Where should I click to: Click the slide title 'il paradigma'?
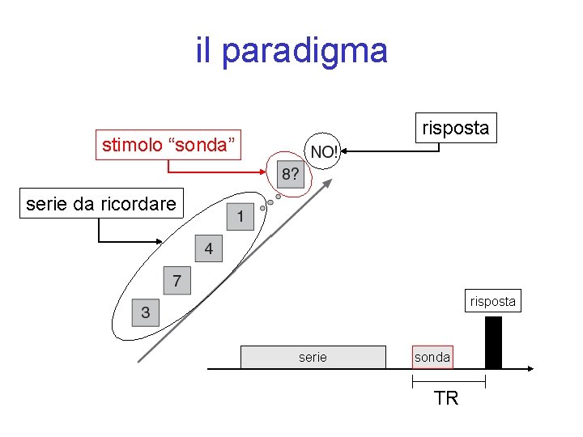pos(291,51)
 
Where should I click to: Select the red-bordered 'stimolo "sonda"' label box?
pos(168,145)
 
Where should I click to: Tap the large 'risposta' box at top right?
pos(455,128)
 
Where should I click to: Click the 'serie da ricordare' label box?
pos(101,204)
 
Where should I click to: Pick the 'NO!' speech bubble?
pos(324,152)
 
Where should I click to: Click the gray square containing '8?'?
pos(290,174)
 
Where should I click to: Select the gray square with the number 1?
pos(240,217)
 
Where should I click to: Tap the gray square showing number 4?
pos(208,248)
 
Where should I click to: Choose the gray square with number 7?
pos(177,280)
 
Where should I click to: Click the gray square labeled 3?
pos(146,312)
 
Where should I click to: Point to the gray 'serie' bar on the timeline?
pos(313,357)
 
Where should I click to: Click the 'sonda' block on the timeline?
pos(432,357)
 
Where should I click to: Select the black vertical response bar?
pos(493,342)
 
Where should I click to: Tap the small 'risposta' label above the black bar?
pos(492,302)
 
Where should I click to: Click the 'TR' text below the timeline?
pos(446,398)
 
